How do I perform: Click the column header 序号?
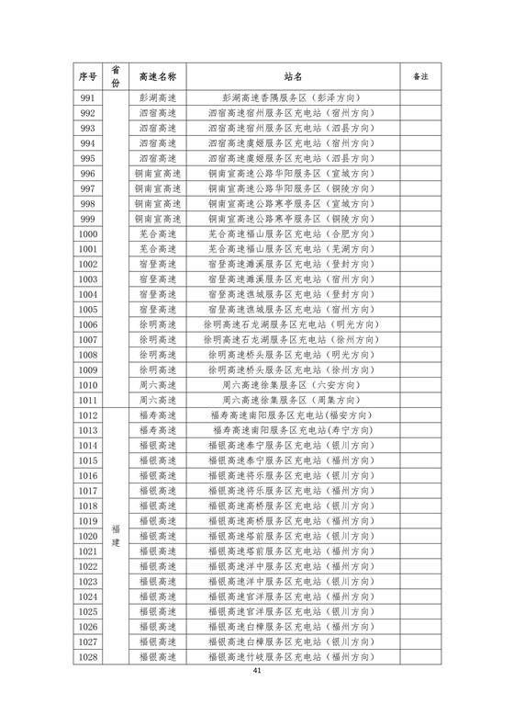[x=88, y=74]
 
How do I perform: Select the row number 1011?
[x=88, y=400]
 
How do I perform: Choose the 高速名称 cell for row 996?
[x=158, y=173]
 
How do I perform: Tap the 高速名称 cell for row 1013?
[x=158, y=432]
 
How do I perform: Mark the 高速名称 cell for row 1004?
[x=158, y=294]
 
